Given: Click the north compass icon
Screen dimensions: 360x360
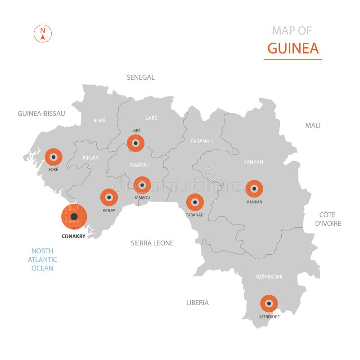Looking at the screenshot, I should pyautogui.click(x=43, y=34).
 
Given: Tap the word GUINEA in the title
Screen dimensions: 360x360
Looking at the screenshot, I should pyautogui.click(x=292, y=48).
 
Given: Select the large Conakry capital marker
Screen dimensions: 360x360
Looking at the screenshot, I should pyautogui.click(x=74, y=216).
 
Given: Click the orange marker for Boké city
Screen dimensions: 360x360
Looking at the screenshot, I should pyautogui.click(x=54, y=157).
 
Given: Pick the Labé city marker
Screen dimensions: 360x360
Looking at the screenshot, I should pyautogui.click(x=135, y=143).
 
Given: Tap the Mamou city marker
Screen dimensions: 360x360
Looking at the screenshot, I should pyautogui.click(x=142, y=184).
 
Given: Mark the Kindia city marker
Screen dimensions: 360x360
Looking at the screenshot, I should pyautogui.click(x=109, y=197).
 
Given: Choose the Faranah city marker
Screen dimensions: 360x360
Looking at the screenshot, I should pyautogui.click(x=195, y=202).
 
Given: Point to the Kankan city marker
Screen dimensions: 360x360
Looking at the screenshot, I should pyautogui.click(x=254, y=189).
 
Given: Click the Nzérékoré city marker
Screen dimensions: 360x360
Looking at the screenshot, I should pyautogui.click(x=269, y=304).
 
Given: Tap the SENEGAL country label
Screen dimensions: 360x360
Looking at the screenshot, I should pyautogui.click(x=140, y=77).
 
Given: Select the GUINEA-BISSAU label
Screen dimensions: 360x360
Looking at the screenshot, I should pyautogui.click(x=41, y=113).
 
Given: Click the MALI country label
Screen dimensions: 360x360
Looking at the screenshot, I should pyautogui.click(x=313, y=125).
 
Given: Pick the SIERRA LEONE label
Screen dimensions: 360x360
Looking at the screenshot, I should pyautogui.click(x=152, y=243).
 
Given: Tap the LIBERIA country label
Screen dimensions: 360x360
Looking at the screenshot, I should pyautogui.click(x=198, y=302).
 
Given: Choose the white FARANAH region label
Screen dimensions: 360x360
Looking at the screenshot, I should pyautogui.click(x=202, y=141).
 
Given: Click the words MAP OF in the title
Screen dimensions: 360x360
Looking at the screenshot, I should pyautogui.click(x=292, y=31).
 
